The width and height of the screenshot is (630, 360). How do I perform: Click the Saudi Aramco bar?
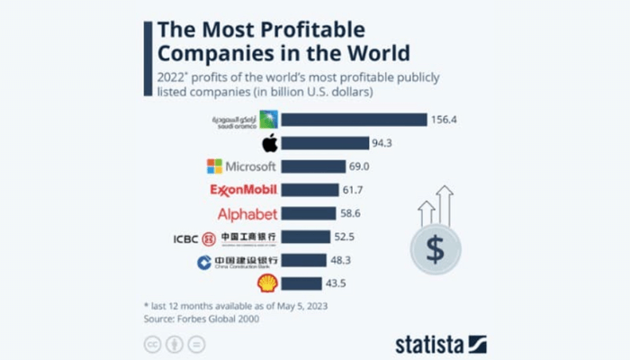click(354, 120)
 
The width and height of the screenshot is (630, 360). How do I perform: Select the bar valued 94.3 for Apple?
click(325, 143)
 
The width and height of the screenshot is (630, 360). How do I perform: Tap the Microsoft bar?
click(313, 166)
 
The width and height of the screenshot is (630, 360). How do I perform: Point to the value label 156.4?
click(445, 120)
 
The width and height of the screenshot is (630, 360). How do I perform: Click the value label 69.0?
click(364, 166)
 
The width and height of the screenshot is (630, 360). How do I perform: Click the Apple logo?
click(268, 143)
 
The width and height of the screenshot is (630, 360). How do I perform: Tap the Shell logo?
click(267, 283)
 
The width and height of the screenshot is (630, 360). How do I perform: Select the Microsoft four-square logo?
click(214, 166)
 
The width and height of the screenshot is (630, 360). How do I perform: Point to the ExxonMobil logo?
click(242, 190)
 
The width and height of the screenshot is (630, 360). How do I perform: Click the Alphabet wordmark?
click(247, 214)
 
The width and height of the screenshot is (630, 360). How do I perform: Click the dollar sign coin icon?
click(435, 248)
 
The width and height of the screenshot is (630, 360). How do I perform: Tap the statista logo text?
click(430, 343)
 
